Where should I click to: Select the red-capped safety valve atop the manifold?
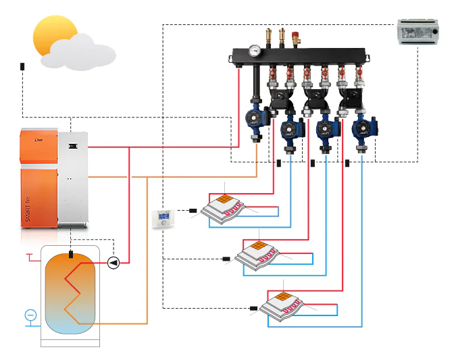[x=295, y=36]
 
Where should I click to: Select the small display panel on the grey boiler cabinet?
[x=74, y=145]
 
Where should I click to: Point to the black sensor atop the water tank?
[x=70, y=255]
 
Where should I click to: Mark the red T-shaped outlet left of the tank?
[x=30, y=256]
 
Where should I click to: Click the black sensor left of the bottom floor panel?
[x=253, y=309]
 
